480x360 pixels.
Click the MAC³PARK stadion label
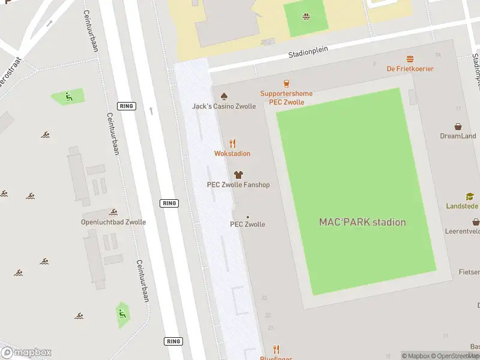[362, 222]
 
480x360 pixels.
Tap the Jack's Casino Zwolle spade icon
[224, 96]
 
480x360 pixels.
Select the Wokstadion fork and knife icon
[232, 143]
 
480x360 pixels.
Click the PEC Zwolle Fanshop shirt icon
[238, 175]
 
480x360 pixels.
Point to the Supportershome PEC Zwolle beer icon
[286, 83]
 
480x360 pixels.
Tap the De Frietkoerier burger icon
[410, 59]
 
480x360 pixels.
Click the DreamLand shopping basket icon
[458, 127]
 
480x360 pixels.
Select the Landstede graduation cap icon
[470, 196]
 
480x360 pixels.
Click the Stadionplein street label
[308, 52]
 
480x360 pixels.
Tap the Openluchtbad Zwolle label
[113, 222]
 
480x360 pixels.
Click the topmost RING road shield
[127, 106]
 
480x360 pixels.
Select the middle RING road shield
[169, 203]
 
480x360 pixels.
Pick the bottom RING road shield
[173, 341]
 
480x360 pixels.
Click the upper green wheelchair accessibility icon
[69, 96]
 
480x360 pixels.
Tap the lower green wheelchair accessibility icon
[122, 313]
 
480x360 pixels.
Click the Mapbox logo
[26, 352]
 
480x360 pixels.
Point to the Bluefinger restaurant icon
[277, 349]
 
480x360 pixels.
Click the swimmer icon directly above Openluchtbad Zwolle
[113, 212]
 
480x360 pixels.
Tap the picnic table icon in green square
[307, 16]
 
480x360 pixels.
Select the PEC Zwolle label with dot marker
[248, 224]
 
